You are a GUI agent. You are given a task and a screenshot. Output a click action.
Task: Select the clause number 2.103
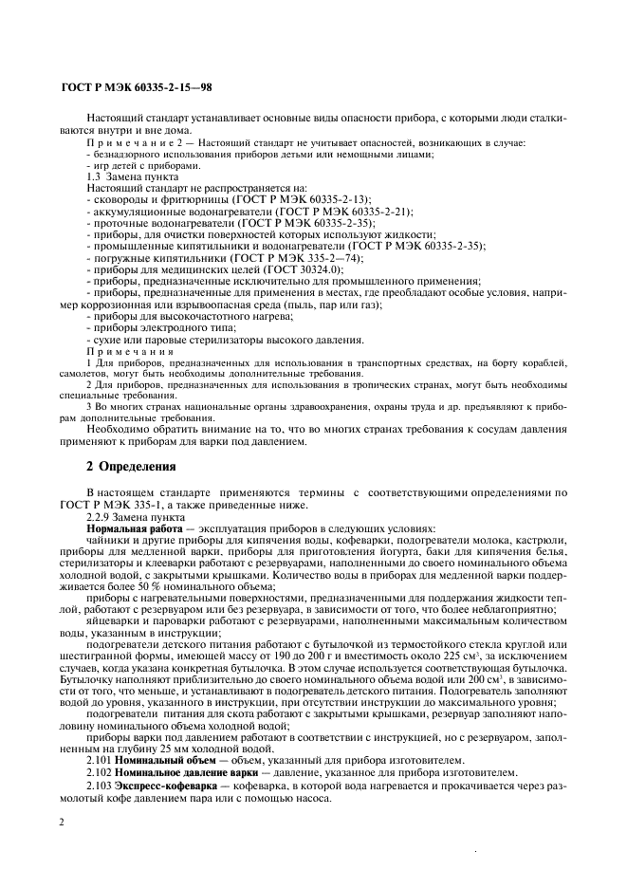[100, 786]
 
